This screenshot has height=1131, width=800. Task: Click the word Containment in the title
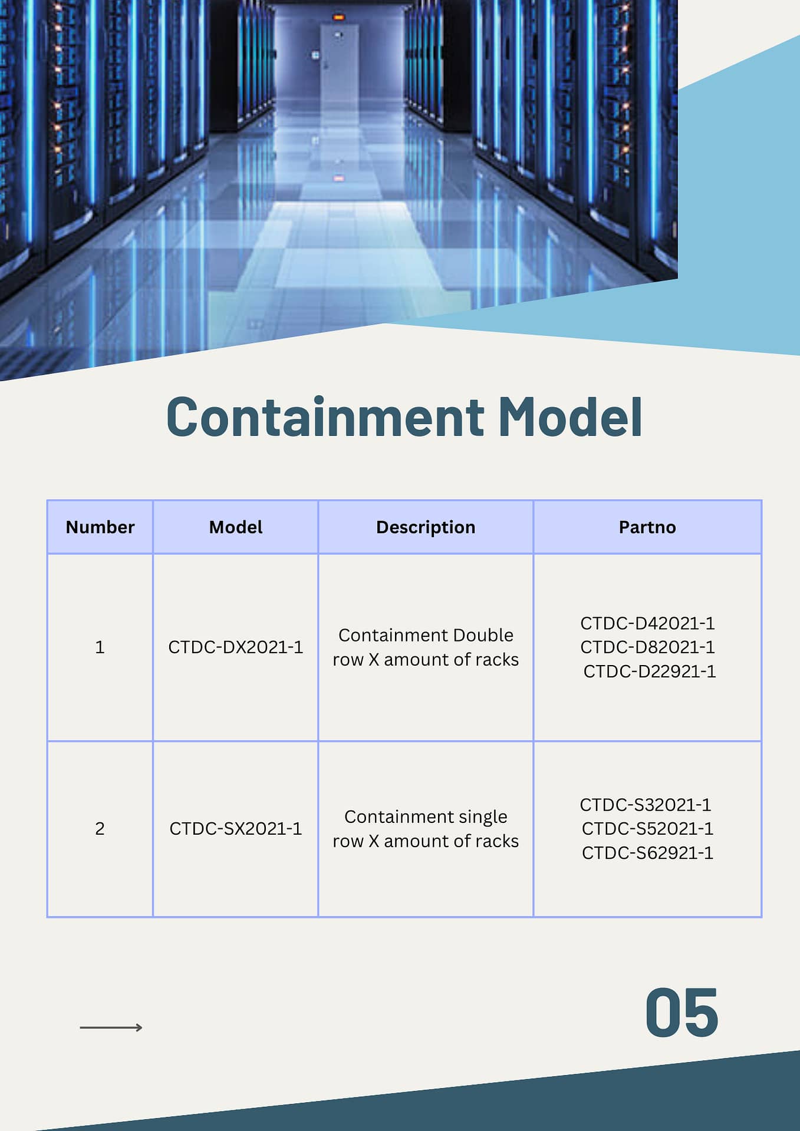[325, 417]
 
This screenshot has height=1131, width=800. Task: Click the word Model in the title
[571, 417]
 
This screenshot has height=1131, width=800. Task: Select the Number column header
[100, 527]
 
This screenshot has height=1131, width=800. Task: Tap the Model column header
[236, 527]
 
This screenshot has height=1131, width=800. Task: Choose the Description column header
[426, 527]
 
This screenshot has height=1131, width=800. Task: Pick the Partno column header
[647, 527]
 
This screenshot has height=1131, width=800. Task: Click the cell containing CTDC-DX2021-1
[236, 647]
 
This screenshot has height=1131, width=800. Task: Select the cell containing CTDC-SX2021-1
[236, 829]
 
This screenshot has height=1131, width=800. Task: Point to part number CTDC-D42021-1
[647, 623]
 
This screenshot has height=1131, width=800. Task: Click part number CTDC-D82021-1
[647, 647]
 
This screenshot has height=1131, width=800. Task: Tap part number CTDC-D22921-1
[650, 672]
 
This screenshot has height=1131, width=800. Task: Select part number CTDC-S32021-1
[646, 805]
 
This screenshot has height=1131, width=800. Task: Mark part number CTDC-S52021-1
[647, 829]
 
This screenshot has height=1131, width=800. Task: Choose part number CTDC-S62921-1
[647, 853]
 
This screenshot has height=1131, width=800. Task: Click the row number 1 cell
[100, 647]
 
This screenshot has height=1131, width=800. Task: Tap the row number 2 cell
[100, 829]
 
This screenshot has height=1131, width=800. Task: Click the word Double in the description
[483, 635]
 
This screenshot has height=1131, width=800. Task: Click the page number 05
[682, 1013]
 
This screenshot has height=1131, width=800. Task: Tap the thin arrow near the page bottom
[111, 1027]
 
